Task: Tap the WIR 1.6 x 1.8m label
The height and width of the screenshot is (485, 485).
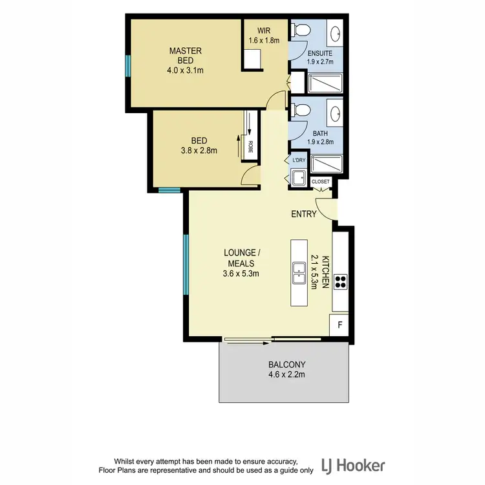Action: (x=264, y=35)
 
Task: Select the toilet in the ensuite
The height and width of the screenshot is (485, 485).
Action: (x=298, y=30)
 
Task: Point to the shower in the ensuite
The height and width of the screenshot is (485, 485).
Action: (x=327, y=83)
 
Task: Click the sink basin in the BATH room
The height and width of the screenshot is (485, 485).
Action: (x=335, y=114)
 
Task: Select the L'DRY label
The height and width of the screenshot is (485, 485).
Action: (x=299, y=160)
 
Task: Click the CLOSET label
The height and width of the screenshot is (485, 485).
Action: (x=321, y=182)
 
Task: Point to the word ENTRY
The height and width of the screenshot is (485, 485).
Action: (x=304, y=214)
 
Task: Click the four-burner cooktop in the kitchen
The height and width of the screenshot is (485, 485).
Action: (x=341, y=281)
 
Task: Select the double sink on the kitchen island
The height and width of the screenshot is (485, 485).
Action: (x=299, y=273)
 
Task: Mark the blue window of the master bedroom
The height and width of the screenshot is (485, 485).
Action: (x=128, y=65)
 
